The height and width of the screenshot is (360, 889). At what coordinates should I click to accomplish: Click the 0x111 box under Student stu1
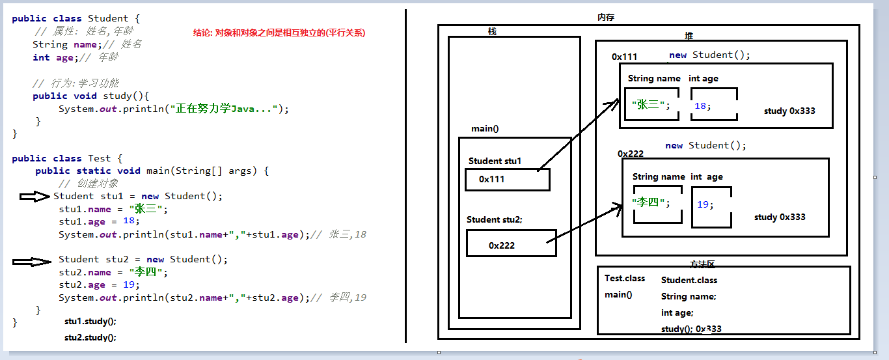pos(507,180)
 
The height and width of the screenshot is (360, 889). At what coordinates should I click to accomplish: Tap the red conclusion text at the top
pos(280,32)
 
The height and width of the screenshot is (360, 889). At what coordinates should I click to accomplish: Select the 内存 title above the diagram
pos(605,18)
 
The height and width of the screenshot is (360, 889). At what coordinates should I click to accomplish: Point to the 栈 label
pos(492,31)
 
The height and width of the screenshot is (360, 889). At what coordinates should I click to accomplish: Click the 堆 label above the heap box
pos(689,36)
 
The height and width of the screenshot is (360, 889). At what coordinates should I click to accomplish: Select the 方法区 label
pos(702,264)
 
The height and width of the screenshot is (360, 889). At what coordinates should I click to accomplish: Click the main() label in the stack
pos(485,128)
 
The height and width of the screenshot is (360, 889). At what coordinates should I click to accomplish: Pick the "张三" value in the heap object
pos(649,105)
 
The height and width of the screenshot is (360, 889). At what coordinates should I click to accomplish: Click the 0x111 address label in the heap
pos(624,57)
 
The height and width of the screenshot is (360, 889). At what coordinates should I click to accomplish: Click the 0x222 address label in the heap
pos(630,154)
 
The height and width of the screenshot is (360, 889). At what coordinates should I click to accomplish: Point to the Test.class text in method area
pos(625,278)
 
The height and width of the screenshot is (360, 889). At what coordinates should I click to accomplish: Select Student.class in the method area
pos(689,280)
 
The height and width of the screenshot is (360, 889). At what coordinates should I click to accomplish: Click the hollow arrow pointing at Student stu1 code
pos(34,197)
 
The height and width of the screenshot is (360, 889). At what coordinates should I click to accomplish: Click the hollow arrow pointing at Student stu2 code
pos(32,262)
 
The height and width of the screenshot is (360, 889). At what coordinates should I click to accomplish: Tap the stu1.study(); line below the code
pos(90,322)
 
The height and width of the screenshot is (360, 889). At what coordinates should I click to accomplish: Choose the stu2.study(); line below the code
pos(90,337)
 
